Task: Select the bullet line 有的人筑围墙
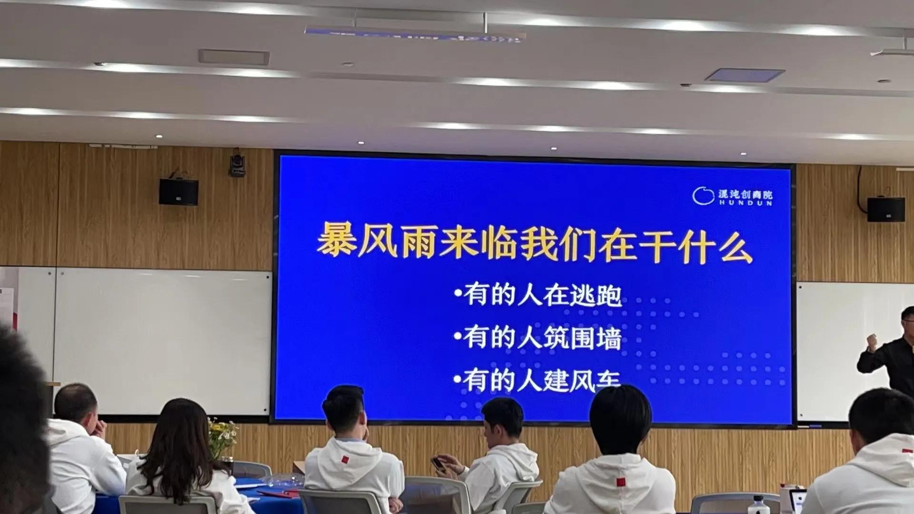(538, 338)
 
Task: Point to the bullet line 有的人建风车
(538, 381)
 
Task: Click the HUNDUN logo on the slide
(732, 196)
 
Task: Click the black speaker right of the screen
(885, 209)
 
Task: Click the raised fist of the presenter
(872, 340)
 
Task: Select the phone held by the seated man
(438, 464)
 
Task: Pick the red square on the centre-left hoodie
(345, 460)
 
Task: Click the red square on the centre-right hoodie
(620, 482)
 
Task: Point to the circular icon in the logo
(703, 196)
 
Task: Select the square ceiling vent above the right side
(745, 75)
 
